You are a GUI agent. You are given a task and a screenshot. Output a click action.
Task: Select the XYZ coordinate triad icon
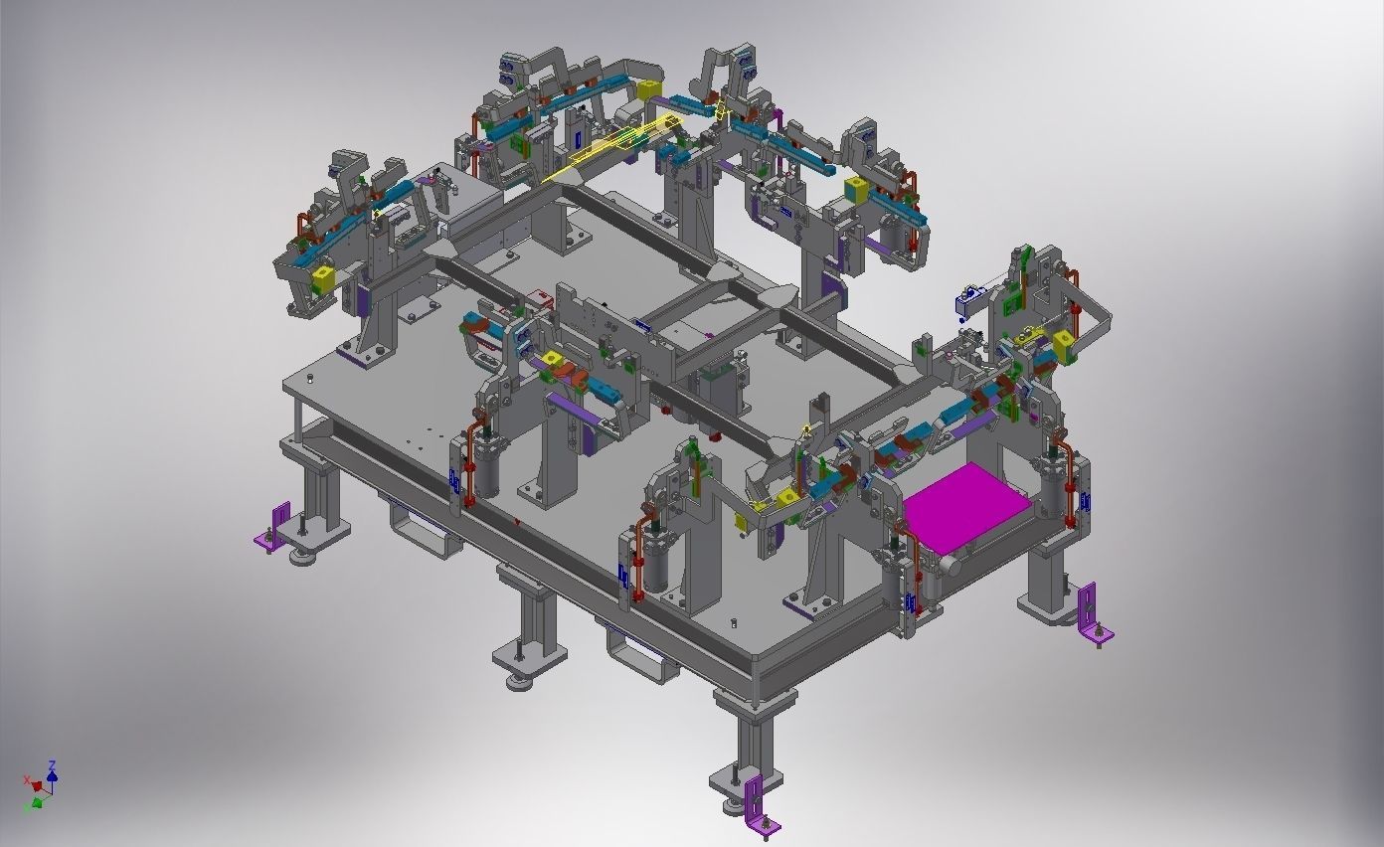(x=40, y=785)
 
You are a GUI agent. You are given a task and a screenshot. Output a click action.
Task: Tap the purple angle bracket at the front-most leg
(x=758, y=803)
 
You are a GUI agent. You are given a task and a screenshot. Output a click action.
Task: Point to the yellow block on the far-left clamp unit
(x=322, y=276)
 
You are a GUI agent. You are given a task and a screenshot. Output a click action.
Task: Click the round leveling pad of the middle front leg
(x=519, y=682)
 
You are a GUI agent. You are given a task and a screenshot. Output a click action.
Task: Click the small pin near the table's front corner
(x=734, y=623)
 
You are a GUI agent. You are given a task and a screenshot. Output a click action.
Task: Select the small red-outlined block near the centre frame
(x=541, y=296)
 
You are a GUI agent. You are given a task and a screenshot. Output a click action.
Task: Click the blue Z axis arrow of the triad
(x=51, y=770)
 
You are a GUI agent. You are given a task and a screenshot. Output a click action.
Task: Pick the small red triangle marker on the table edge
(x=516, y=521)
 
